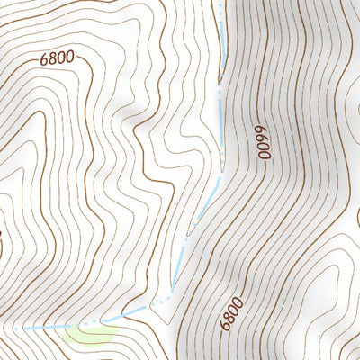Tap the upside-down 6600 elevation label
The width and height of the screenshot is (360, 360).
pyautogui.click(x=265, y=142)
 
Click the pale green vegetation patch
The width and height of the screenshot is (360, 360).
pyautogui.click(x=91, y=334)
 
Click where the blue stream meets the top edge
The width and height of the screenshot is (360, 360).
pyautogui.click(x=220, y=2)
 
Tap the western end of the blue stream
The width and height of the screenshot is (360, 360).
pyautogui.click(x=25, y=328)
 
